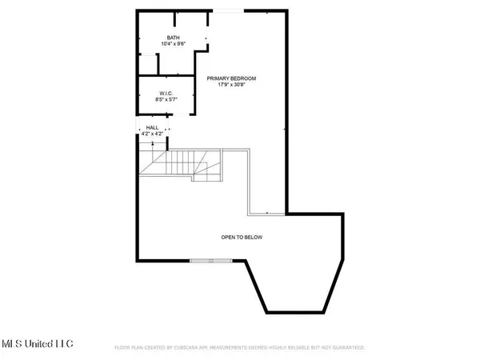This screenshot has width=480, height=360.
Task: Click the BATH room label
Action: click(x=173, y=38)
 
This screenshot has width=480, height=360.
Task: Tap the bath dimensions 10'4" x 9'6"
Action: click(x=173, y=45)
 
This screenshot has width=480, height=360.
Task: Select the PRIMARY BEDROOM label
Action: click(x=231, y=78)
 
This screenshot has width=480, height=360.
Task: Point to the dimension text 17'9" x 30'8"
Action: click(x=231, y=85)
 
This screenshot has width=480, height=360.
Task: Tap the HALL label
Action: click(x=151, y=128)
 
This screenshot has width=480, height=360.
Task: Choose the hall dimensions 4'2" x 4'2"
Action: click(x=151, y=134)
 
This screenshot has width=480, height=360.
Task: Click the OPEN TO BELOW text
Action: click(x=242, y=238)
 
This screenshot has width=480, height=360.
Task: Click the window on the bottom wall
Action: click(x=212, y=261)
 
